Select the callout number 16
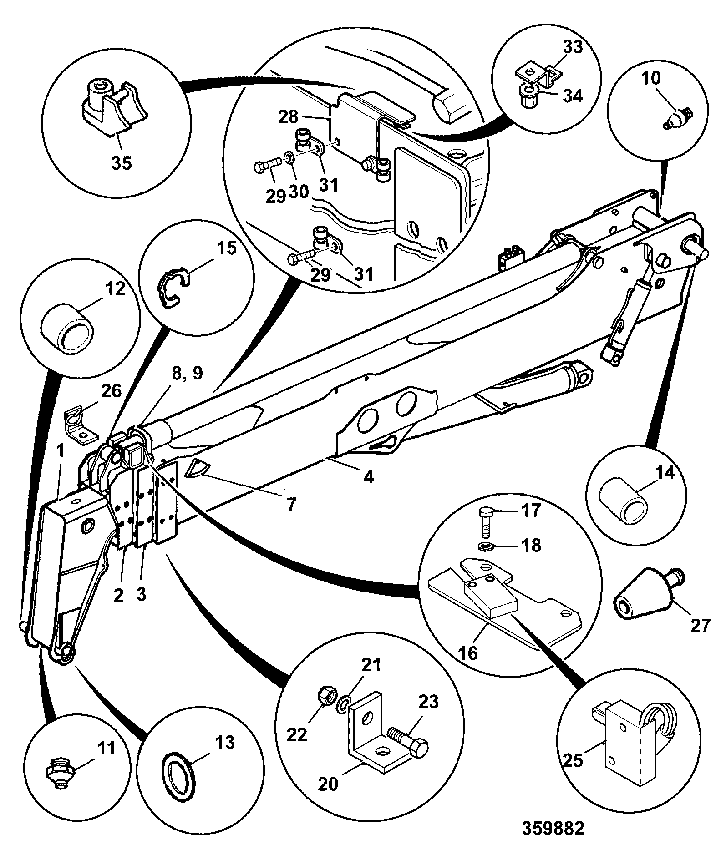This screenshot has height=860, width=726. pos(469,653)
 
